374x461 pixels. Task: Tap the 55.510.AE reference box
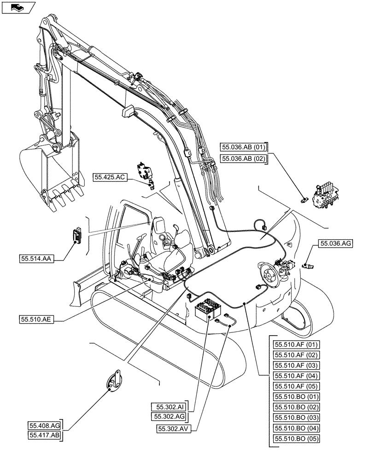[37, 319]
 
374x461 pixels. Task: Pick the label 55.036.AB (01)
[243, 148]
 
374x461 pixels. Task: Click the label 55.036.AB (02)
[243, 159]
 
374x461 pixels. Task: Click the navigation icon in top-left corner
[18, 7]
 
